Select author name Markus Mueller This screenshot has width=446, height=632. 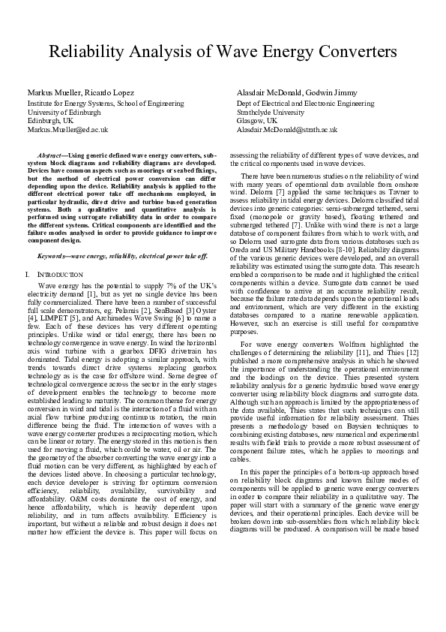point(52,92)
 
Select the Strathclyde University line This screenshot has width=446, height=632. point(271,111)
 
